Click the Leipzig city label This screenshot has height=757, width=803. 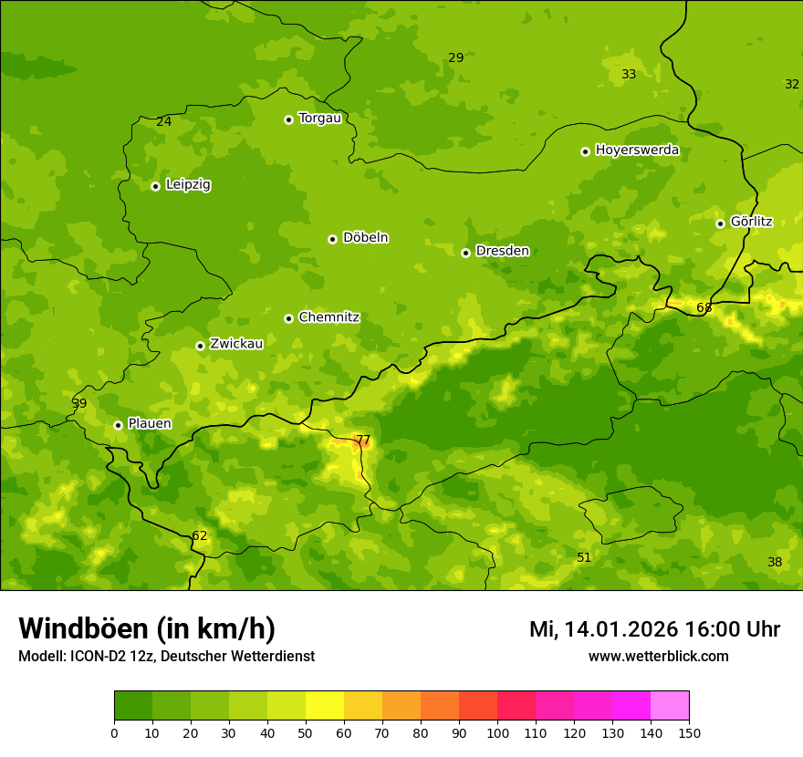pos(188,184)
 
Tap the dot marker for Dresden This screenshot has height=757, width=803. pos(465,253)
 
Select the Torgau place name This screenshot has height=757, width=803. pos(319,118)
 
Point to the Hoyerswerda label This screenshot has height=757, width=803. pos(637,150)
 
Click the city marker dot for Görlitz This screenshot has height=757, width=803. pos(720,223)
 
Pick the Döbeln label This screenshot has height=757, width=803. pos(365,237)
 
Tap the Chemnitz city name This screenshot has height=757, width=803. pos(328,317)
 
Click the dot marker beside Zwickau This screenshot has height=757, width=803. pos(200,346)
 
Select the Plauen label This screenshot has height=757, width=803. pos(149,423)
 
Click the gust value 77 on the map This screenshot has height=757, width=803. pos(362,440)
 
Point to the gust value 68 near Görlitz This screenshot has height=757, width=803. pos(704,307)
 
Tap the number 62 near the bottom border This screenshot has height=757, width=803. pos(199,535)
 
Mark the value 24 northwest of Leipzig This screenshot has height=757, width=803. pos(163,121)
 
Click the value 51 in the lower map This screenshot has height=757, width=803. pos(584,557)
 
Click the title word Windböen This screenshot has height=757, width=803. pos(82,628)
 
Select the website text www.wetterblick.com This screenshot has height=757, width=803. pos(658,656)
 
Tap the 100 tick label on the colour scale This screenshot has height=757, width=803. pos(497,732)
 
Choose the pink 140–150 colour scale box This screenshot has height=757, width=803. pos(670,705)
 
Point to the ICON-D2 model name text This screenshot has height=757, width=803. pos(96,656)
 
